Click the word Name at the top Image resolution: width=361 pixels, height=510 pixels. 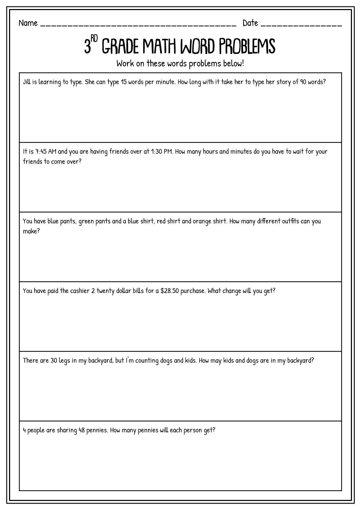coord(28,23)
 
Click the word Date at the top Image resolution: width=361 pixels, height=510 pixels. coord(250,23)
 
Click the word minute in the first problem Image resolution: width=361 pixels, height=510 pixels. coord(164,82)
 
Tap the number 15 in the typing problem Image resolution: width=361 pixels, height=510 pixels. coord(124,82)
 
